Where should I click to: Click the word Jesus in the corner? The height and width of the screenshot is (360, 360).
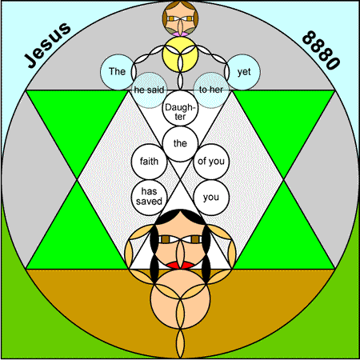tap(47, 45)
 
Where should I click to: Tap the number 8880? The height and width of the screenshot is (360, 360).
tap(321, 50)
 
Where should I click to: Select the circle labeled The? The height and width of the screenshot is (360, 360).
tap(118, 72)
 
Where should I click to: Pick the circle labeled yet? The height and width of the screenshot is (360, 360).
tap(243, 72)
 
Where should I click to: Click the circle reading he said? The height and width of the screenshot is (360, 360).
tap(149, 90)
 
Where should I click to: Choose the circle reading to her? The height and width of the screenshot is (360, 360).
tap(211, 90)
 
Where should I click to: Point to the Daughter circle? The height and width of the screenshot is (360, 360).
tap(180, 108)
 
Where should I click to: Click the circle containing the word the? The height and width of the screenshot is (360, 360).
tap(180, 144)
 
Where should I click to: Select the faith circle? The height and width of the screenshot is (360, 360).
tap(149, 162)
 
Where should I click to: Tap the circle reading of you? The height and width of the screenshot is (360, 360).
tap(211, 162)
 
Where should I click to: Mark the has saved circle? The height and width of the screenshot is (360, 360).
tap(149, 198)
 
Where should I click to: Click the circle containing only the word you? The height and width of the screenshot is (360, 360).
tap(211, 198)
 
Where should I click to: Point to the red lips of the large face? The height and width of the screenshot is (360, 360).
tap(180, 266)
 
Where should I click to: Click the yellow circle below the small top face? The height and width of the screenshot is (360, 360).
tap(180, 54)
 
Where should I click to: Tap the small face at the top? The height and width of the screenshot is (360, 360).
tap(180, 18)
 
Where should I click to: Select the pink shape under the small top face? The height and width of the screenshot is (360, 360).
tap(180, 34)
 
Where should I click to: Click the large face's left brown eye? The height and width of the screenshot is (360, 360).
tap(166, 239)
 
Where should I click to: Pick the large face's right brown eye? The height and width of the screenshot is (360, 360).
tap(195, 239)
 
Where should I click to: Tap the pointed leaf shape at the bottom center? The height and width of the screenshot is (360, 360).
tap(180, 344)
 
